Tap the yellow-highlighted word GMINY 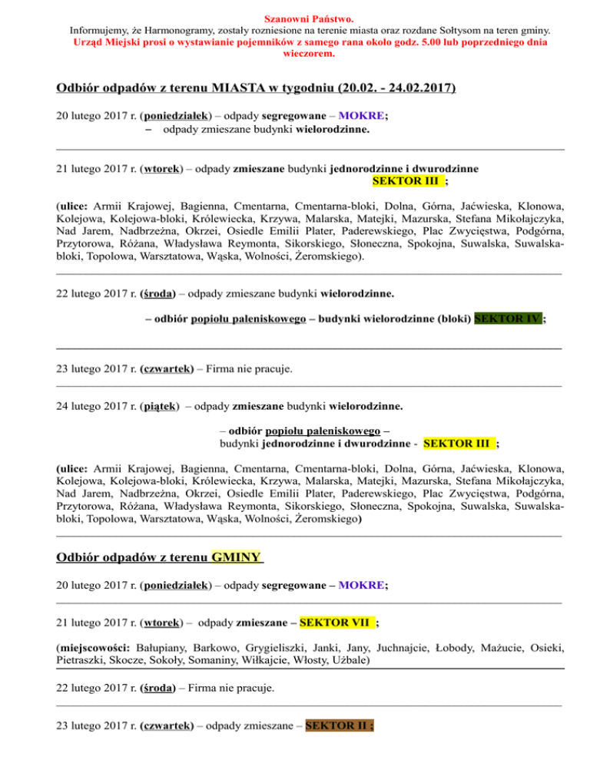tap(237, 557)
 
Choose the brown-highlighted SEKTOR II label tap(338, 726)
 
